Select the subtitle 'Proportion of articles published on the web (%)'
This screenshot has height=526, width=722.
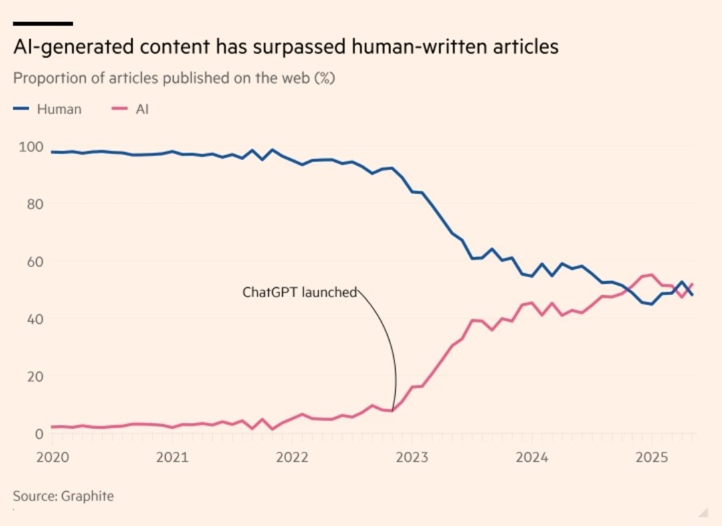(x=174, y=78)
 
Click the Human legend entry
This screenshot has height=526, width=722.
(x=47, y=109)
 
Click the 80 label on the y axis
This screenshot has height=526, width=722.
(x=29, y=204)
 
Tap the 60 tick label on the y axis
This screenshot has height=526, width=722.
(x=29, y=261)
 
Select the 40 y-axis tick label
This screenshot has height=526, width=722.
(x=29, y=319)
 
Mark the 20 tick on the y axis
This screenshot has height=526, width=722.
(x=29, y=376)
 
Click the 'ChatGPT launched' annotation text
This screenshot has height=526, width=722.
(x=299, y=292)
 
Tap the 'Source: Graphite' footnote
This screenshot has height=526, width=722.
(x=64, y=496)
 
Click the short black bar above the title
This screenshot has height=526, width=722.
(x=43, y=23)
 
